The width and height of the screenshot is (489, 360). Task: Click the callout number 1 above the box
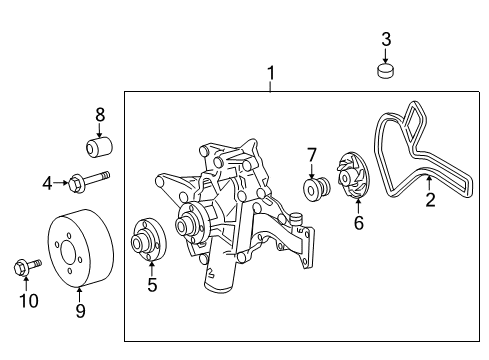pyautogui.click(x=269, y=73)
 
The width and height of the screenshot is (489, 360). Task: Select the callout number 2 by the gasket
pyautogui.click(x=431, y=201)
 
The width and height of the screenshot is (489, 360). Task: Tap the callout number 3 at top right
pyautogui.click(x=386, y=41)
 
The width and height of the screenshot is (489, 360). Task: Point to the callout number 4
pyautogui.click(x=47, y=183)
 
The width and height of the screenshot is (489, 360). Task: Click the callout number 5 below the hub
pyautogui.click(x=152, y=285)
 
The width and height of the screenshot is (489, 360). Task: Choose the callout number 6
pyautogui.click(x=358, y=223)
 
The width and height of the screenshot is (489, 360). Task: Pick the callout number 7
pyautogui.click(x=312, y=154)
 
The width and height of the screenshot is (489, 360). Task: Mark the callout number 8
pyautogui.click(x=100, y=114)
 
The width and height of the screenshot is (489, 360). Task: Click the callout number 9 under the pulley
pyautogui.click(x=80, y=310)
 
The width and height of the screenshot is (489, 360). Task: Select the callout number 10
pyautogui.click(x=30, y=300)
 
